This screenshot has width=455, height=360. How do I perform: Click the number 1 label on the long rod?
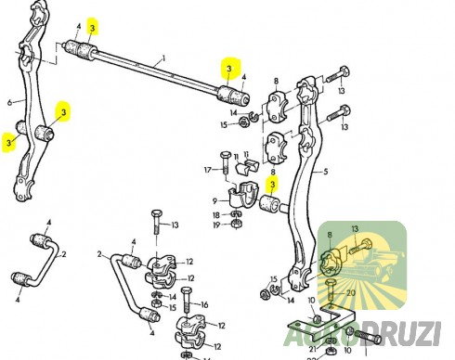[x=162, y=58]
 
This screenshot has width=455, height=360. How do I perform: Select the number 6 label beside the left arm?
[x=10, y=102]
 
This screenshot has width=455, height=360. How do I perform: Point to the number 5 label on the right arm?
[x=326, y=172]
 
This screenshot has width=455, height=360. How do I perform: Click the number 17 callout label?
[x=210, y=170]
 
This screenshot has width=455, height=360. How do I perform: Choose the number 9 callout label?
[x=214, y=200]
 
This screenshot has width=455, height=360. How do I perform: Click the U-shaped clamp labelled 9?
[x=243, y=197]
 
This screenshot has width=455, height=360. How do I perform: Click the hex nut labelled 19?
[x=236, y=224]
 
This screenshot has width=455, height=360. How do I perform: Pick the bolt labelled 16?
[x=187, y=302]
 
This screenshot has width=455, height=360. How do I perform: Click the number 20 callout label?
[x=350, y=292]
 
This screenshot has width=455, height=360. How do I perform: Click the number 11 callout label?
[x=237, y=156]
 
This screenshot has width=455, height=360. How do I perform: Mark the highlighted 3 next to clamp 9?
[x=273, y=183]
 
